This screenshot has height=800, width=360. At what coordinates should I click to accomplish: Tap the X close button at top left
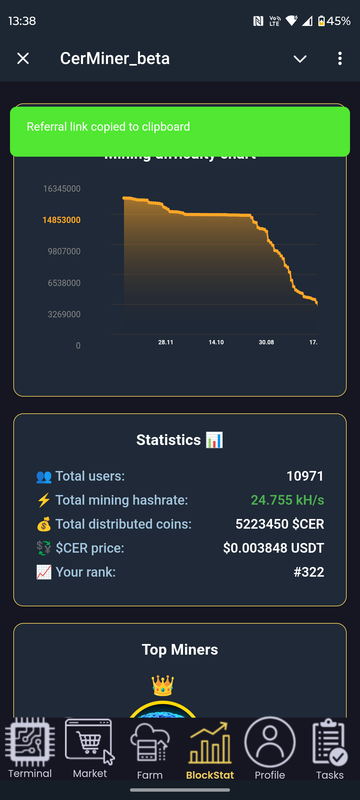[23, 59]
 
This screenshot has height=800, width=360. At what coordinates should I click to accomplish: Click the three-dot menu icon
[339, 59]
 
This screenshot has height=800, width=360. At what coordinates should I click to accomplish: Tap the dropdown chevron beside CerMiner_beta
[300, 59]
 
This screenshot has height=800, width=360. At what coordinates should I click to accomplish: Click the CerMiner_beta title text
[114, 59]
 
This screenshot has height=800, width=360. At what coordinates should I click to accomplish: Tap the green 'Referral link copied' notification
[180, 128]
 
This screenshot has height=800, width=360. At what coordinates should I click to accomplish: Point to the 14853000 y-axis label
[61, 220]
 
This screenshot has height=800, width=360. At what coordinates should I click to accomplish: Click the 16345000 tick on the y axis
[61, 188]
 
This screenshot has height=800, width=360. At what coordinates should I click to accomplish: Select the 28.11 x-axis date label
[166, 342]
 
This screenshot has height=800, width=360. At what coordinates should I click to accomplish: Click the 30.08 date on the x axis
[265, 342]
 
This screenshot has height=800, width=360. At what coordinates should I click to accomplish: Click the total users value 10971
[304, 476]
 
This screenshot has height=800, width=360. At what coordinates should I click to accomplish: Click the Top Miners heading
[180, 650]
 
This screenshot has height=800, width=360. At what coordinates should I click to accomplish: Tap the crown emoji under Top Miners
[162, 686]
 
